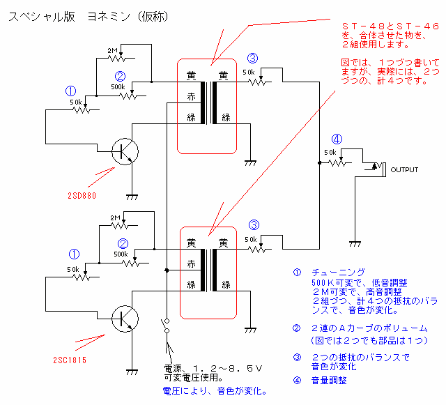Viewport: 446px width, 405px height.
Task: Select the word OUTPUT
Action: tap(404, 169)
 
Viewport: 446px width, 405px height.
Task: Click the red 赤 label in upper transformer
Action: tap(191, 96)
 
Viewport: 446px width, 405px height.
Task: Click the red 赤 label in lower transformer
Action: tap(191, 264)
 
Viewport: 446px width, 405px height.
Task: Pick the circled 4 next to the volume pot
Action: tap(336, 139)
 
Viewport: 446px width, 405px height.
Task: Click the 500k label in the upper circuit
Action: tap(118, 87)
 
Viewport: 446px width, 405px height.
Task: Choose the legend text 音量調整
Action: tap(329, 381)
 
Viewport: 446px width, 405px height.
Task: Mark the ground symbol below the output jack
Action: tap(354, 242)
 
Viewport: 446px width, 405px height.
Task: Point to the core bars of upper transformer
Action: tap(207, 103)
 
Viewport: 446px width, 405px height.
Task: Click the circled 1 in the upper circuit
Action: tap(69, 91)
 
